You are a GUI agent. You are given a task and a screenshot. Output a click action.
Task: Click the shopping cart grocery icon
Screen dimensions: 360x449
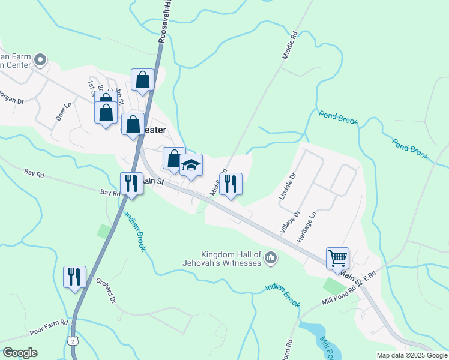(337, 258)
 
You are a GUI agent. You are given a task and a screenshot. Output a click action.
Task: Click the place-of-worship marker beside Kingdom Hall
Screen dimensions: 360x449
(271, 258)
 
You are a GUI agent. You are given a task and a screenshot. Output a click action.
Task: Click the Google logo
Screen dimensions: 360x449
(20, 353)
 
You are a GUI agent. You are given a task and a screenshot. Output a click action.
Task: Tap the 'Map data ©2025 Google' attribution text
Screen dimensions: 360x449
(411, 355)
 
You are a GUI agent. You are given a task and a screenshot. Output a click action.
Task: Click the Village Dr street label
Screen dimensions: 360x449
(290, 222)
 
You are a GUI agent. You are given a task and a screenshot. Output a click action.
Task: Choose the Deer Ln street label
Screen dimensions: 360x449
(64, 112)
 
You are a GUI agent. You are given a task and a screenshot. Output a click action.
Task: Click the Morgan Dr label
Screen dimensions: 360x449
(10, 97)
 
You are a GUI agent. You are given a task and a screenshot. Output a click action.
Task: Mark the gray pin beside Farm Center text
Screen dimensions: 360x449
(40, 59)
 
